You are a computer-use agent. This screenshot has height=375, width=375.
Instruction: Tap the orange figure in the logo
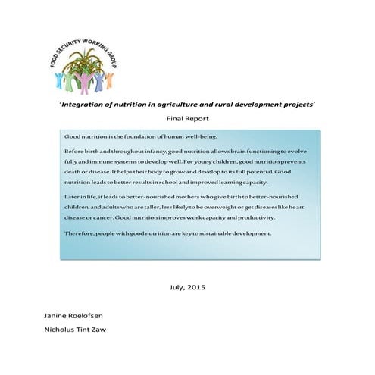[108, 78]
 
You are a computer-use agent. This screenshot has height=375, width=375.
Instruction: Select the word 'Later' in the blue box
[73, 196]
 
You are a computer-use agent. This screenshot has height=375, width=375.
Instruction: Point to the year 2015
[196, 287]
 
